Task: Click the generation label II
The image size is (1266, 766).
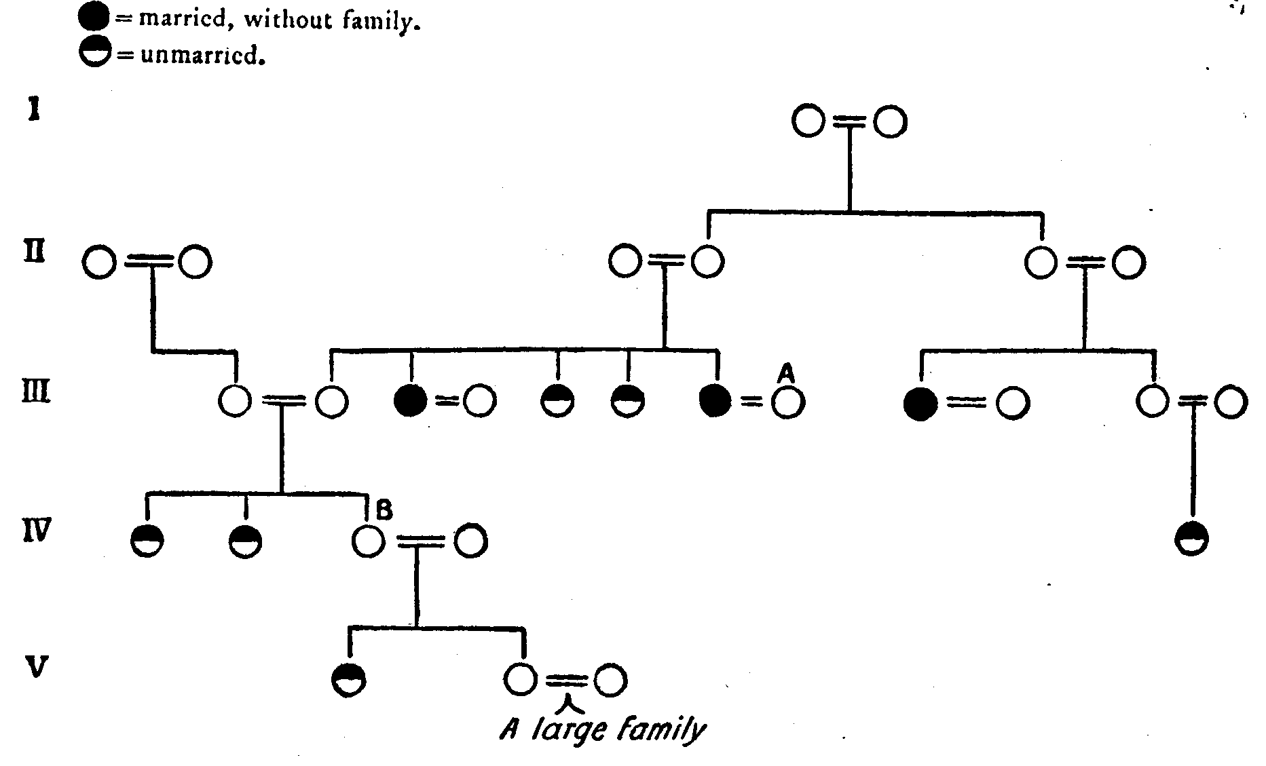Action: [34, 252]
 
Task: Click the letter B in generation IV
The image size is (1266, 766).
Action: [384, 510]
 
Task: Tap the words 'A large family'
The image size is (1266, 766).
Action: [603, 730]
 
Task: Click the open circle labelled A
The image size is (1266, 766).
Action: [788, 403]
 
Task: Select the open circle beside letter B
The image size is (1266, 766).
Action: [369, 541]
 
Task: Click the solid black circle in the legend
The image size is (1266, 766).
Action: [94, 19]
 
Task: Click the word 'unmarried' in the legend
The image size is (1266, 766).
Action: [202, 56]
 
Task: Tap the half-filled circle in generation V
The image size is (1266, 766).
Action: [349, 679]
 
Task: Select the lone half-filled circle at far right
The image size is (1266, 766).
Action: [1191, 539]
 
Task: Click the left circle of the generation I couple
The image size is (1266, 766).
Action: [808, 122]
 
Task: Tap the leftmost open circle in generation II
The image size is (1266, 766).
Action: [99, 263]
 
